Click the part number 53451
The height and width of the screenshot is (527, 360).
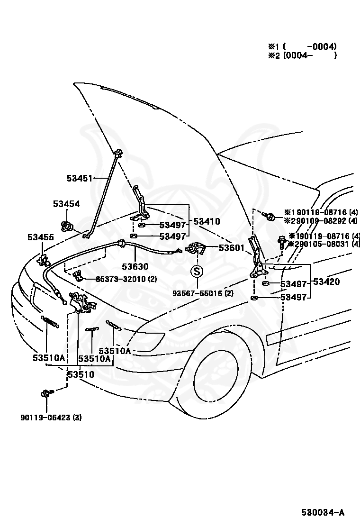click(x=79, y=178)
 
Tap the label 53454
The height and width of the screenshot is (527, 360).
click(x=66, y=204)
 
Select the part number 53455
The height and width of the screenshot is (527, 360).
click(x=41, y=237)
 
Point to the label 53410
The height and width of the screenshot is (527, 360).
click(x=207, y=221)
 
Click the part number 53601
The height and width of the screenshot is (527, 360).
click(x=232, y=248)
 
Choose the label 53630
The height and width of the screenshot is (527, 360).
click(x=135, y=266)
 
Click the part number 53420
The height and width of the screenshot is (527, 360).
click(x=326, y=282)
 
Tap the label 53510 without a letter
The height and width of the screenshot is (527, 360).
click(x=81, y=374)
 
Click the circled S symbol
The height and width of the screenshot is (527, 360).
click(x=197, y=271)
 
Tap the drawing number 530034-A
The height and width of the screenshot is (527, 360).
click(x=323, y=512)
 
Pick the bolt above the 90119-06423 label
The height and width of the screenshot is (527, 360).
click(x=47, y=392)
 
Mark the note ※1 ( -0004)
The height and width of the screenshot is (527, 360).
click(x=302, y=46)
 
